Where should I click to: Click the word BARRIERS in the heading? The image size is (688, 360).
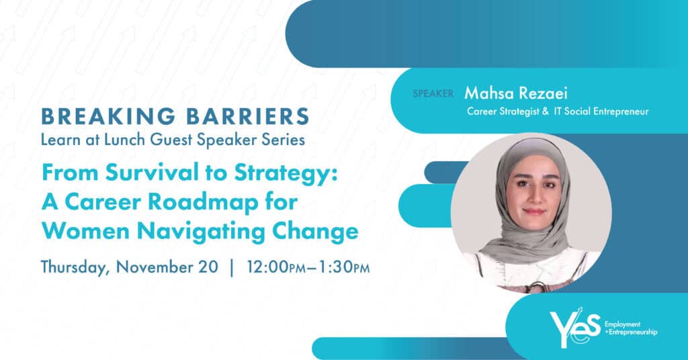248,117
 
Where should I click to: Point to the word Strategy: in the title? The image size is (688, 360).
286,174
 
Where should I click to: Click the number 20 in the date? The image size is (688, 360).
208,267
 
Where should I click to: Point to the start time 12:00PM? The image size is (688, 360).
276,267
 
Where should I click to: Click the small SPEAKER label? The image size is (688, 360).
433,93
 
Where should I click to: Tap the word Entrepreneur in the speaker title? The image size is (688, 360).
621,111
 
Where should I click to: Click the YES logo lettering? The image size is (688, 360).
575,326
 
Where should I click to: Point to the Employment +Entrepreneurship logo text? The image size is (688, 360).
631,328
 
